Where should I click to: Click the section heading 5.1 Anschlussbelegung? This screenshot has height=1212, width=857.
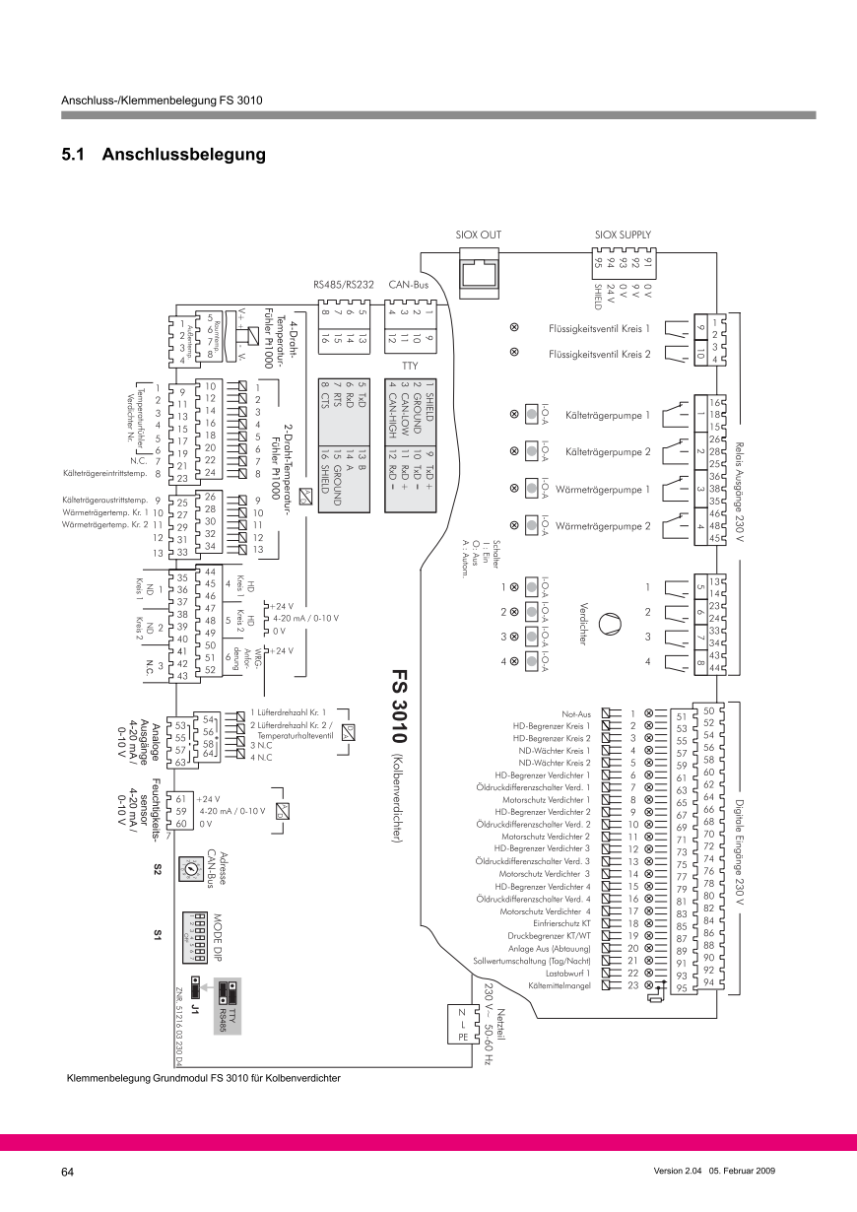164,155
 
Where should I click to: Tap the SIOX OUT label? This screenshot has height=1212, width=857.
479,235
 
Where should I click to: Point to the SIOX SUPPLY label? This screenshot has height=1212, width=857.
624,235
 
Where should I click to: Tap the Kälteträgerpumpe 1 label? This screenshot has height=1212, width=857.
607,416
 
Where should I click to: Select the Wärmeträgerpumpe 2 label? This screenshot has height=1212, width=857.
604,526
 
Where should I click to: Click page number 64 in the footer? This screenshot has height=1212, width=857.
68,1172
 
